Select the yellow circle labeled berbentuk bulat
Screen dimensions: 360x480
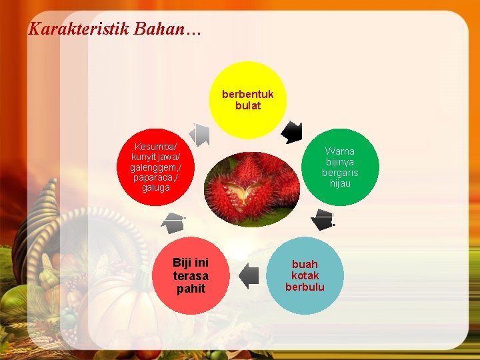248,100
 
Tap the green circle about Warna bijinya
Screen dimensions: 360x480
340,167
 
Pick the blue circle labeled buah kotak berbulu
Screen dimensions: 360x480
305,275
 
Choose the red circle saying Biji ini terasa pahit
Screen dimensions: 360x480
191,275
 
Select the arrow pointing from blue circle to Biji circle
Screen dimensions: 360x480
249,275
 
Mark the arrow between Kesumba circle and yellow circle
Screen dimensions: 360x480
199,134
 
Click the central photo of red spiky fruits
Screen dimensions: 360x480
248,190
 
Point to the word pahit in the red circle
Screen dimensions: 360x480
191,289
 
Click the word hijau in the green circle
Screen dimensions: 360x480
340,183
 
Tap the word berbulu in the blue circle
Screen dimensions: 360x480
305,287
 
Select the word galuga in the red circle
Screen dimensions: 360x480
156,188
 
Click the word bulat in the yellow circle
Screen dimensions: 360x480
248,105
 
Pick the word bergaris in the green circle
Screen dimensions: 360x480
340,173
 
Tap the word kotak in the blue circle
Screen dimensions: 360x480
305,275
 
